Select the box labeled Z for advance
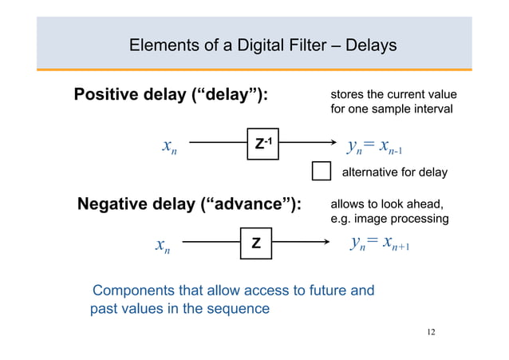click(255, 243)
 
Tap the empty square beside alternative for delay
click(321, 172)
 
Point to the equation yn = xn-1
click(379, 146)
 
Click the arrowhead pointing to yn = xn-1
click(333, 144)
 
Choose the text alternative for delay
click(394, 172)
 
